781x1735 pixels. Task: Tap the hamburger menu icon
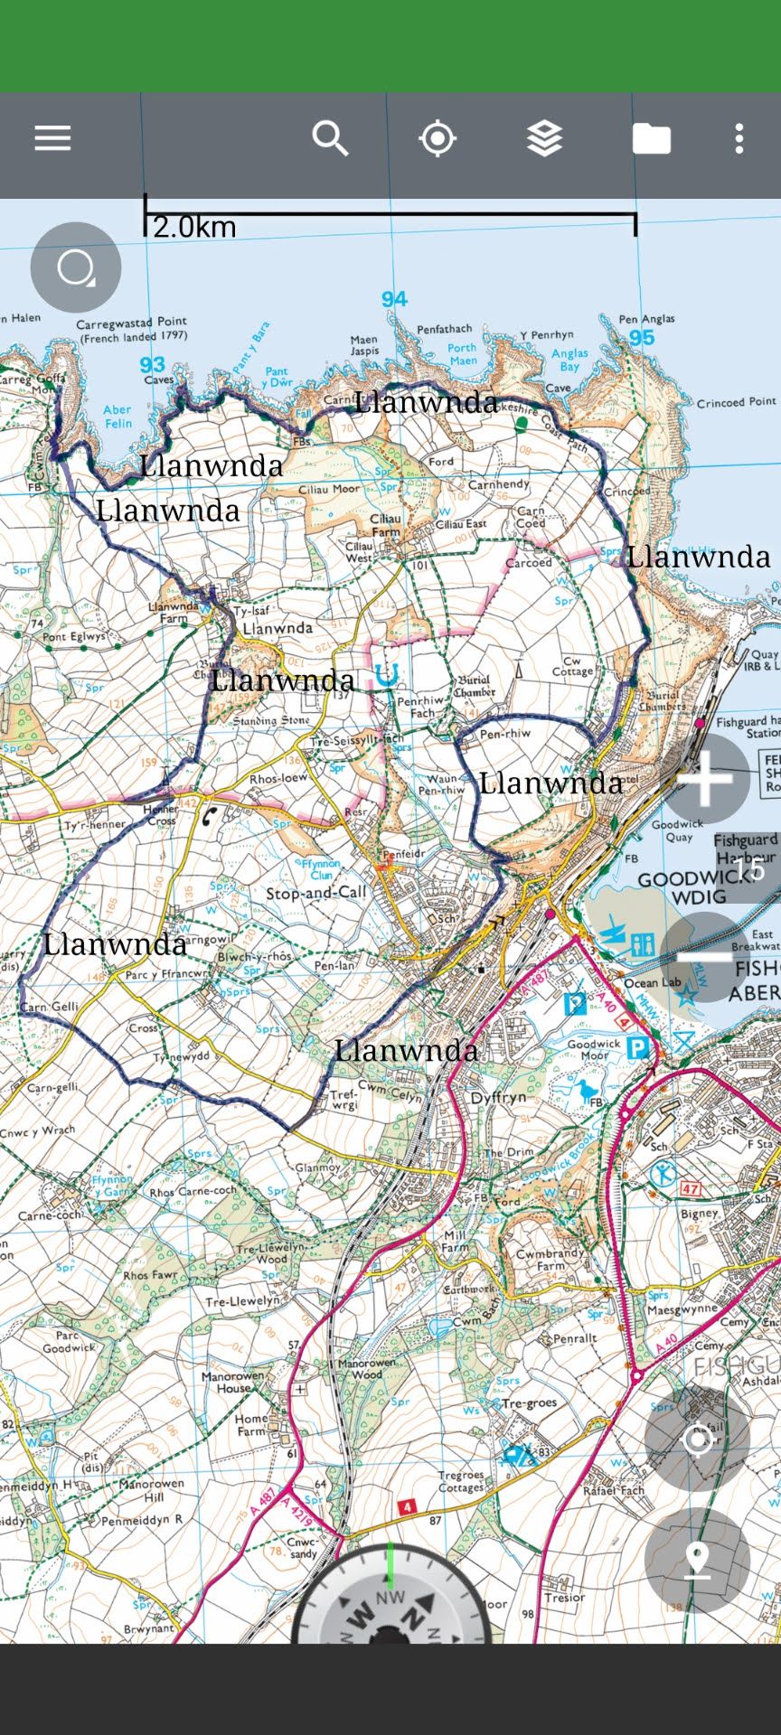(52, 138)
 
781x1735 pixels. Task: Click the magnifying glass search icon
(330, 138)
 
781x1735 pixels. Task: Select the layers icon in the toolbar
(544, 138)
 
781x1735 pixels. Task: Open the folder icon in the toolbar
(651, 138)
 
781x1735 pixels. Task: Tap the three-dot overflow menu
(739, 138)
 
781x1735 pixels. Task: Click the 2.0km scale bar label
(194, 227)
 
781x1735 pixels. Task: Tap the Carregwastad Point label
(131, 322)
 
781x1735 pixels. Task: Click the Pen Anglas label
(646, 319)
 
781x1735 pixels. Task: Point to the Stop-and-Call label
(316, 893)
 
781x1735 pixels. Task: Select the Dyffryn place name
(498, 1098)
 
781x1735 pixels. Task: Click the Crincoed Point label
(736, 402)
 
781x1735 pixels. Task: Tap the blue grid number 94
(394, 299)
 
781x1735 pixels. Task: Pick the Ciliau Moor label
(329, 489)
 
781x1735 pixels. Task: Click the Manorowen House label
(232, 1382)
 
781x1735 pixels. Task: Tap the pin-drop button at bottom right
(697, 1561)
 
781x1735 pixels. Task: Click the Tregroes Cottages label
(460, 1481)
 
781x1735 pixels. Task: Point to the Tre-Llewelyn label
(242, 1301)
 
